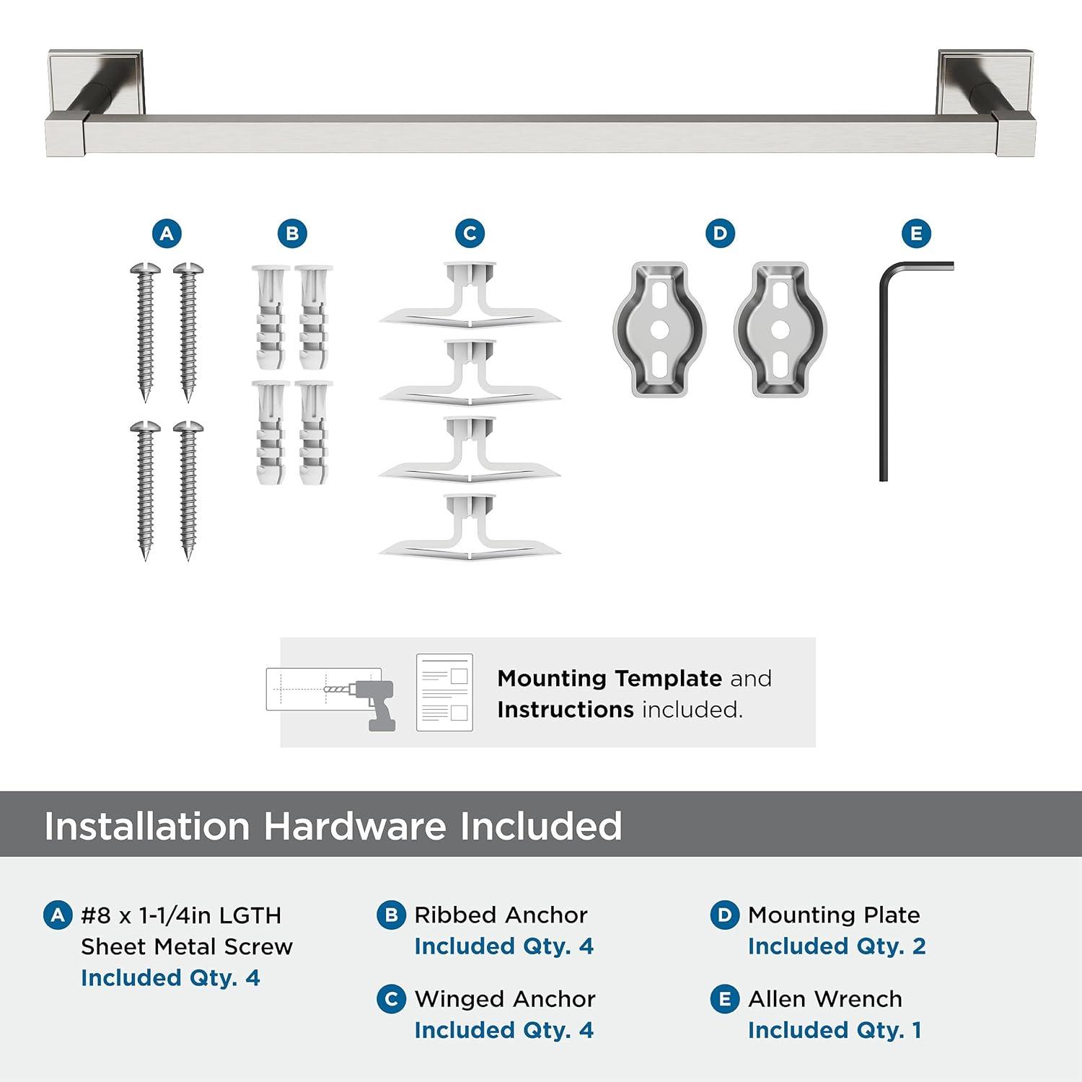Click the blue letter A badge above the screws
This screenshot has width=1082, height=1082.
pos(167,234)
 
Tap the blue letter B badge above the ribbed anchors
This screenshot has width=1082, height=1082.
pos(292,234)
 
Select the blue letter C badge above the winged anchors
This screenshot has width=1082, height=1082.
pos(470,234)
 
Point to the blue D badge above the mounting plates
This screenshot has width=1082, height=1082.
pos(720,234)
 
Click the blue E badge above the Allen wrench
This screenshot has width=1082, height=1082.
pos(916,234)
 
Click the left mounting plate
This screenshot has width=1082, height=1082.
pos(659,329)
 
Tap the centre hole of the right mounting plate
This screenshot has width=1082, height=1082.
pos(780,329)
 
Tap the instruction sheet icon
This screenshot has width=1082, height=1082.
pos(444,692)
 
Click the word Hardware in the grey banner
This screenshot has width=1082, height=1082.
pos(354,826)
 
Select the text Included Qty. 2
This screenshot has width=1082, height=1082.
pos(837,946)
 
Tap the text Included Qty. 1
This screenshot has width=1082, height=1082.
pos(835,1030)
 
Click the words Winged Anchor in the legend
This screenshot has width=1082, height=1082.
pos(505,999)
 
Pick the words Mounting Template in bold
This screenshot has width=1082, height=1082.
pos(610,678)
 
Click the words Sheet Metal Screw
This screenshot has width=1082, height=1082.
pos(187,946)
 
